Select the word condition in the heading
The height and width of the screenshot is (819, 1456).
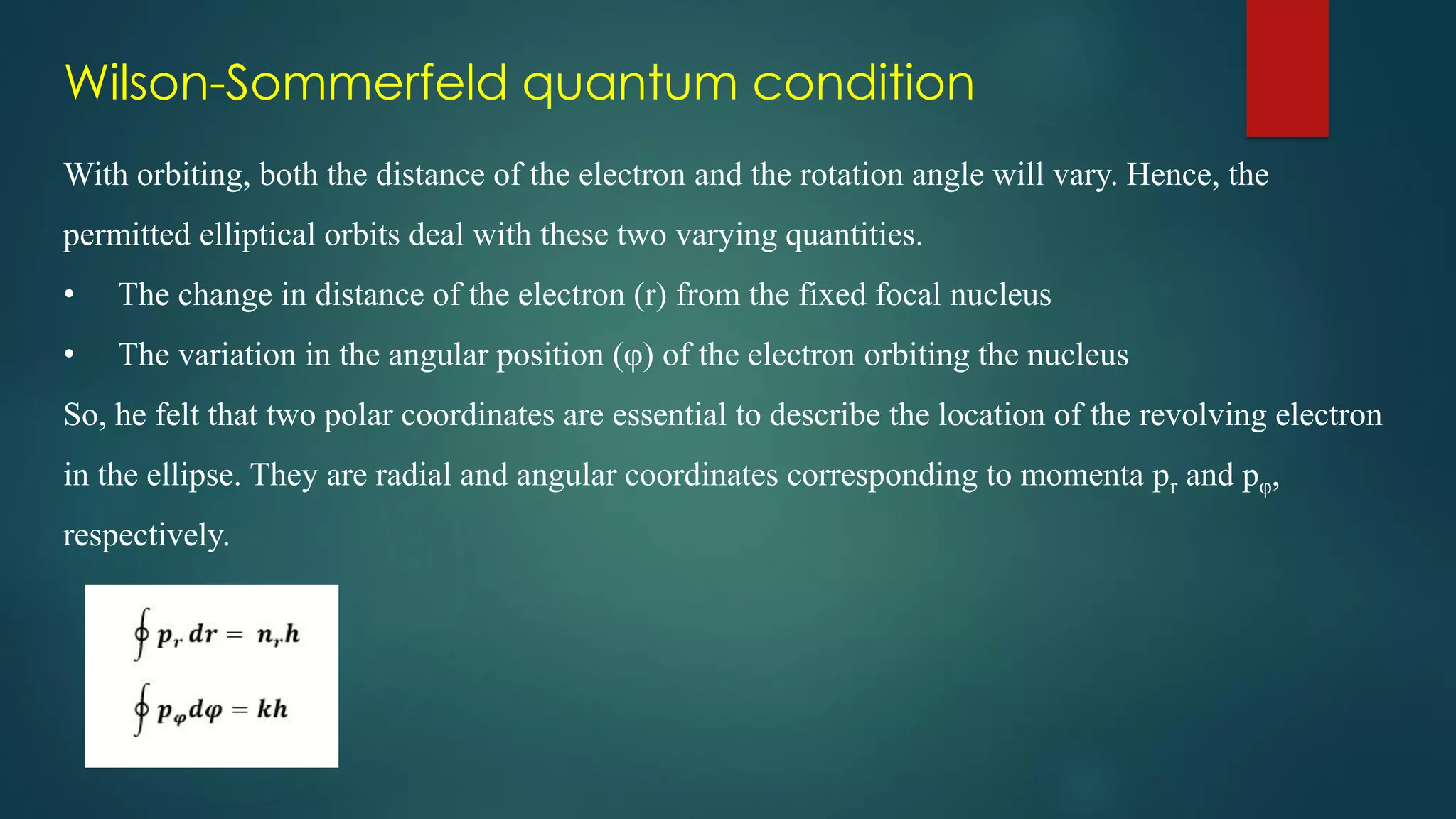coord(863,82)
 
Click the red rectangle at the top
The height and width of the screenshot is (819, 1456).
coord(1287,68)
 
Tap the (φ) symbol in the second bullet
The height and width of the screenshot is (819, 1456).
coord(633,355)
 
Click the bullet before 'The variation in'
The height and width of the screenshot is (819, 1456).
coord(69,355)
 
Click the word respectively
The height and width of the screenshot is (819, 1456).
coord(146,536)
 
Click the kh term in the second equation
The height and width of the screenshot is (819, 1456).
coord(272,709)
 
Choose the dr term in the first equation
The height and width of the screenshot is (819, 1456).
coord(203,633)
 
